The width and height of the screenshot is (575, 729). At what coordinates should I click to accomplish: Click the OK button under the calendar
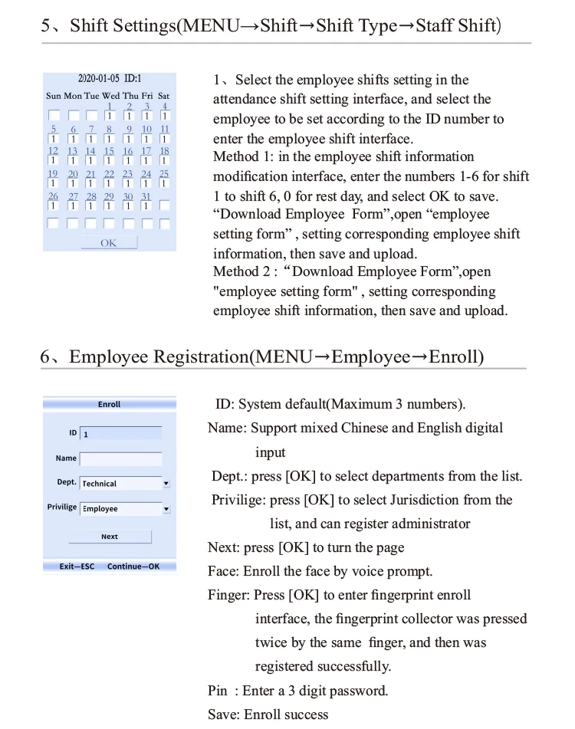click(109, 243)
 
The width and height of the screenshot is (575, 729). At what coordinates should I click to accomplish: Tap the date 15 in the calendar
click(109, 152)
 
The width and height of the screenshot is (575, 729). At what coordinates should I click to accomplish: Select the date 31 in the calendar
click(146, 197)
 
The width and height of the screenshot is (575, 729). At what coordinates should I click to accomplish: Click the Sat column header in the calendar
click(164, 96)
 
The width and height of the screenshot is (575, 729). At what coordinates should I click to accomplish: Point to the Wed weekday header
click(110, 96)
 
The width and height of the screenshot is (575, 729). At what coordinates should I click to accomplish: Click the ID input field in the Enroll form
click(120, 434)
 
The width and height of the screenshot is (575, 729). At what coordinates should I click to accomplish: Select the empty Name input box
click(120, 459)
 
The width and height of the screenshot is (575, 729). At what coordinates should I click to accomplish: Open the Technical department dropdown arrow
click(166, 484)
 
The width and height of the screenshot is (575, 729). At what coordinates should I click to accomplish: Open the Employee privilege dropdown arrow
click(166, 509)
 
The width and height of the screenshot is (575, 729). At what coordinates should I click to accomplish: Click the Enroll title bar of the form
click(109, 404)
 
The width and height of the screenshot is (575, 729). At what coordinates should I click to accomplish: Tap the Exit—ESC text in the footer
click(77, 566)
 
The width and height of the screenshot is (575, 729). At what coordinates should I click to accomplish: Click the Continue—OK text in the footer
click(133, 566)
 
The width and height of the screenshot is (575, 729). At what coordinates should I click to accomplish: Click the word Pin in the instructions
click(218, 691)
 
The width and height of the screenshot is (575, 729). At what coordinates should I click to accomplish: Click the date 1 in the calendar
click(110, 107)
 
